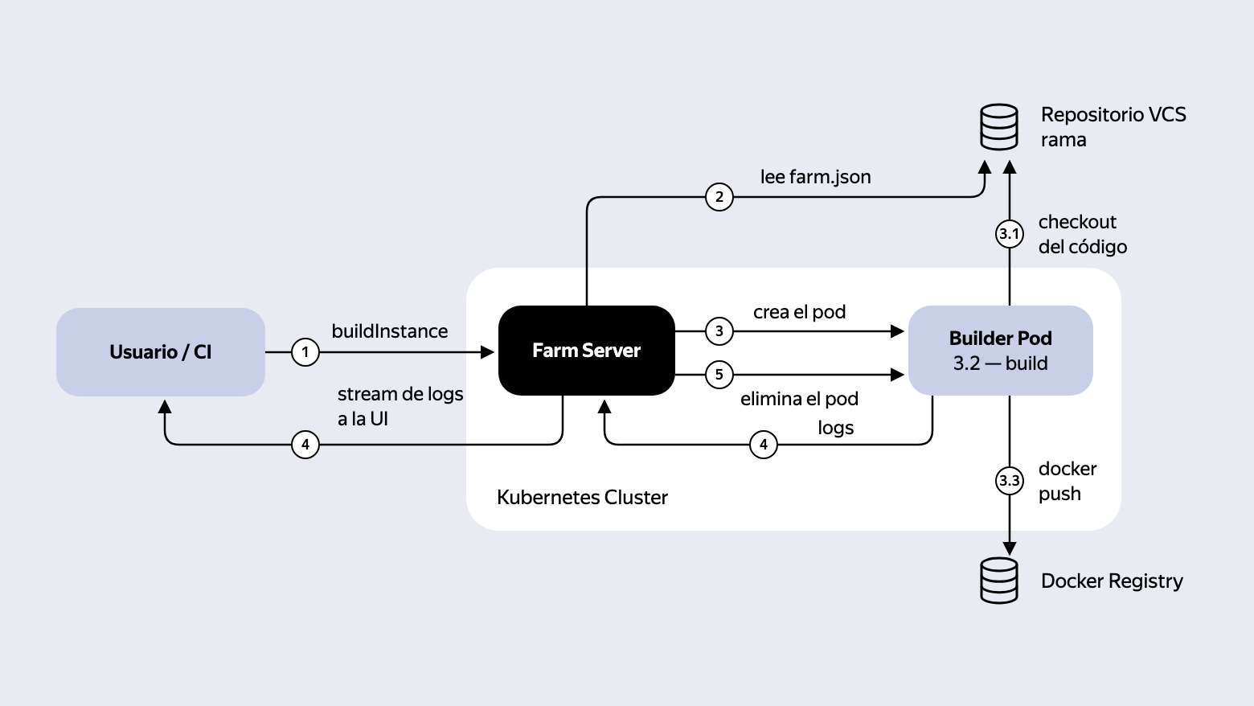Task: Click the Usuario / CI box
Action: point(161,352)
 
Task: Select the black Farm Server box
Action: point(587,351)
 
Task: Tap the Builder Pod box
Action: point(1001,351)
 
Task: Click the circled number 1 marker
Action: point(305,352)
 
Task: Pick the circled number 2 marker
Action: point(719,197)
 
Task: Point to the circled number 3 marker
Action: point(719,330)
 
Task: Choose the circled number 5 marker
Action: point(719,375)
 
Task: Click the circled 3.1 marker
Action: point(1010,233)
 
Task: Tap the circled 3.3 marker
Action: point(1010,480)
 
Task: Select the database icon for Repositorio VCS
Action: point(999,127)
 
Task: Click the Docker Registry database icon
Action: point(999,581)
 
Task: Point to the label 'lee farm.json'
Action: point(815,177)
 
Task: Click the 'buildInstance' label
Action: point(390,330)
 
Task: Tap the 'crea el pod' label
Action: point(799,312)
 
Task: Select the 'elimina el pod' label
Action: point(799,399)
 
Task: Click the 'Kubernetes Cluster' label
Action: point(582,497)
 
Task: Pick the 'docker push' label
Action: point(1067,481)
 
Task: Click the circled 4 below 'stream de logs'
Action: point(305,445)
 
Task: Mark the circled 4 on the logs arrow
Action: point(764,445)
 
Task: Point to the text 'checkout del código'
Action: point(1083,234)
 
